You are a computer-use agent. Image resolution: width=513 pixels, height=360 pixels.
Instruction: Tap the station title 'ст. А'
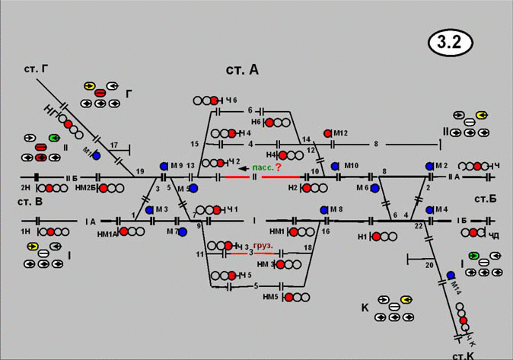point(242,70)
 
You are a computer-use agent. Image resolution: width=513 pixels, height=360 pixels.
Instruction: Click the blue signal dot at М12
point(328,133)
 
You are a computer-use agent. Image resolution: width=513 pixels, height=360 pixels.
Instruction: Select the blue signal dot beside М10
point(334,165)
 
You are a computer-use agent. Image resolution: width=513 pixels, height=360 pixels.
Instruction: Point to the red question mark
point(279,167)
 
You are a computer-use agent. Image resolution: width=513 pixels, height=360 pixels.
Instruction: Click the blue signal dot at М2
point(429,165)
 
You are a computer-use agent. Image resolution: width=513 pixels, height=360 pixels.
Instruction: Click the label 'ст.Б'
point(484,199)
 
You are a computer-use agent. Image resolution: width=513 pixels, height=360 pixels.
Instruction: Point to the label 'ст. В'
point(28,202)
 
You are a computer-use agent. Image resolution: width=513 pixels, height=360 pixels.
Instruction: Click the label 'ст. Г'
point(35,69)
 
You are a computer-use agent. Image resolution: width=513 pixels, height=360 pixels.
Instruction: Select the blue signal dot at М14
point(451,276)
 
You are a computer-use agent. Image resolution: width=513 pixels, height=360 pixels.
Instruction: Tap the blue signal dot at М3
point(149,209)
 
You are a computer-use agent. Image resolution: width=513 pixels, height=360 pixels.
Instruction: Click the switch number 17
point(113,145)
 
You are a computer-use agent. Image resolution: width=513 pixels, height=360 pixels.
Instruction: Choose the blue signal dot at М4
point(429,209)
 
